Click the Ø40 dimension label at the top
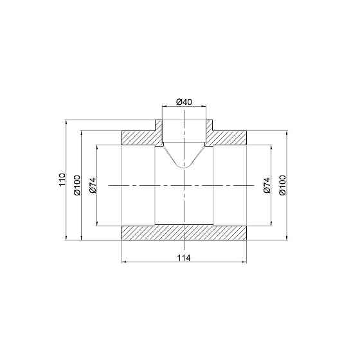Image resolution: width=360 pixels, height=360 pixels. coord(184,102)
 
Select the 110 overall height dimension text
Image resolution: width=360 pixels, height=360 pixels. coord(62,179)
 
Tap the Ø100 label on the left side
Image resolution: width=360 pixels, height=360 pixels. coord(76,185)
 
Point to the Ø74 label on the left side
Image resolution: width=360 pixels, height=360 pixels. coord(92,185)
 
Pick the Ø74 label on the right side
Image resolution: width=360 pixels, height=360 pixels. coord(266,185)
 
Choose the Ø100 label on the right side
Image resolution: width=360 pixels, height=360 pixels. coord(282,185)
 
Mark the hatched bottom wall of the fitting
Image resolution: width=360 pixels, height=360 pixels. coord(184,232)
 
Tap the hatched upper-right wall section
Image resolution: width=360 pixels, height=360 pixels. coord(228,137)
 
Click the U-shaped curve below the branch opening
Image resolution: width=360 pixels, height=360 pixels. coord(184,164)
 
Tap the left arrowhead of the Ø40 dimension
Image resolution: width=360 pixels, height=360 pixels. coord(164,108)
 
